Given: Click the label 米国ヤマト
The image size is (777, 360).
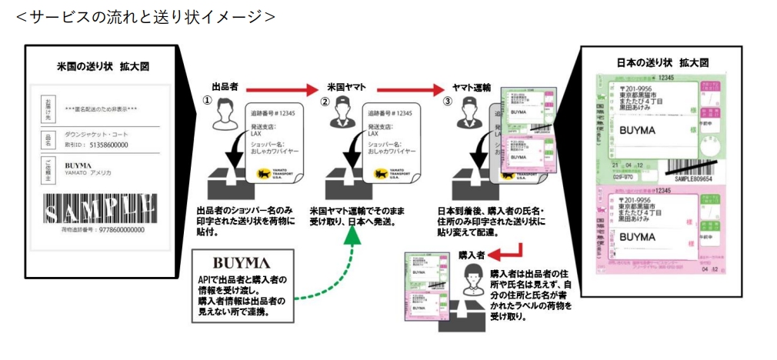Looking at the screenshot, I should pos(345,88).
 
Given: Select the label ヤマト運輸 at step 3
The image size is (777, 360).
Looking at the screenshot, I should pos(472,88).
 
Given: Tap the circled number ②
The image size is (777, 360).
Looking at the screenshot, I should pos(325,101).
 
